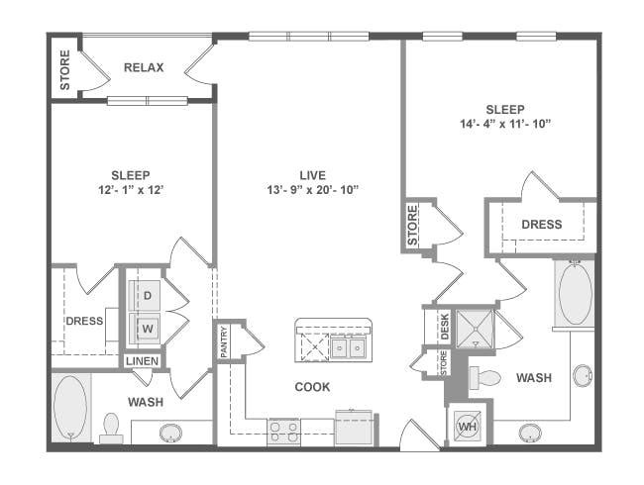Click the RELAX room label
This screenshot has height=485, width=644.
[x=144, y=67]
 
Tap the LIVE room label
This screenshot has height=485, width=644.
[x=312, y=175]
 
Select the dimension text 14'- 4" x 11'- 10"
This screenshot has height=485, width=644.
[x=504, y=124]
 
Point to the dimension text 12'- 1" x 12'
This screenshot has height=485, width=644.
[x=131, y=190]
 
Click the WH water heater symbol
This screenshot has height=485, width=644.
[x=468, y=427]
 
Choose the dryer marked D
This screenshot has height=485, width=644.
[x=145, y=295]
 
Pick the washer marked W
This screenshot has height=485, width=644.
[x=145, y=329]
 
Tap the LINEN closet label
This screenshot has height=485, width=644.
[x=142, y=361]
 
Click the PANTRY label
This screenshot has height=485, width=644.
[x=224, y=341]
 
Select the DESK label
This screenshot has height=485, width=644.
[x=445, y=327]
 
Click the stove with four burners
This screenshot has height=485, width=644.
[x=283, y=433]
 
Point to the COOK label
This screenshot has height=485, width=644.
[x=312, y=387]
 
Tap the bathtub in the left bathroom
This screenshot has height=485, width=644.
[x=70, y=408]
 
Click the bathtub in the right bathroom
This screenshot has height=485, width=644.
[x=575, y=294]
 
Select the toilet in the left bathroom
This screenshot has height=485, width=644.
[x=111, y=428]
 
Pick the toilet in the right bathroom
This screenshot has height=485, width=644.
[x=485, y=377]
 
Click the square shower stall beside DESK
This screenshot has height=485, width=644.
[x=476, y=329]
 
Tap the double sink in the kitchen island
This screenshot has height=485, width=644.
[x=349, y=348]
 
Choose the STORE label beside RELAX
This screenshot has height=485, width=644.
[x=64, y=69]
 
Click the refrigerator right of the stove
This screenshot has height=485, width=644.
[x=354, y=428]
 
